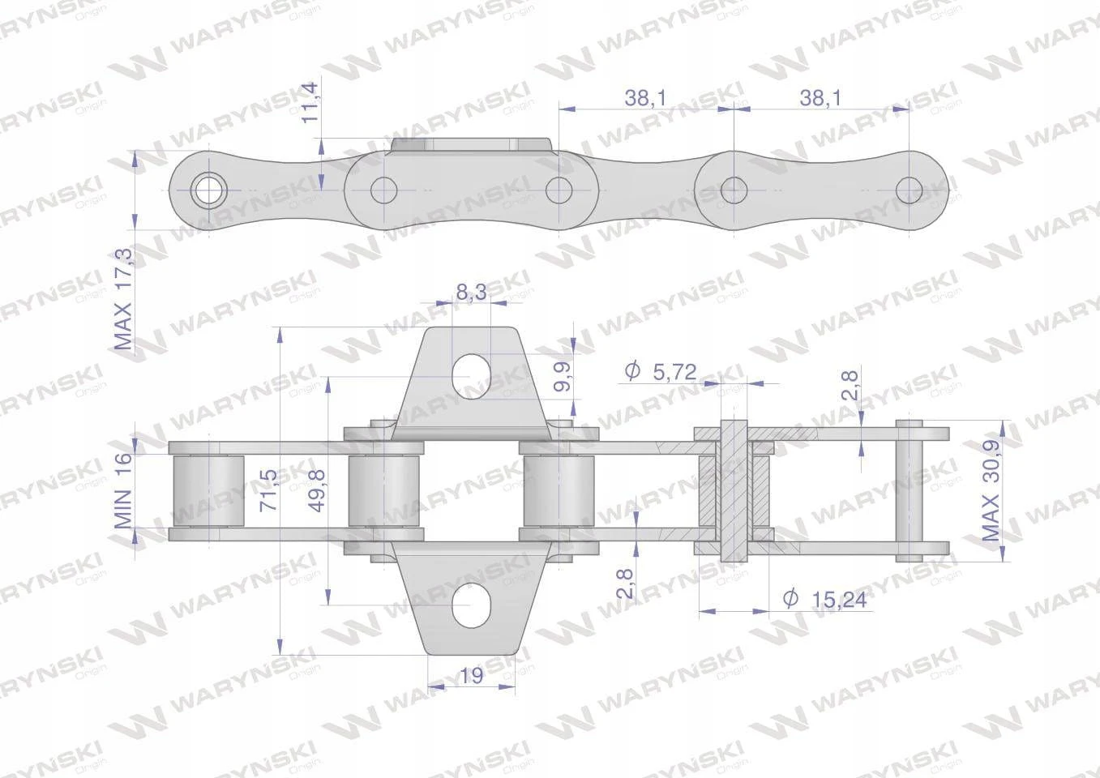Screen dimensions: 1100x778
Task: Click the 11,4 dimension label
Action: tap(310, 103)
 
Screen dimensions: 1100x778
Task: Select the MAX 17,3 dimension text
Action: tap(123, 299)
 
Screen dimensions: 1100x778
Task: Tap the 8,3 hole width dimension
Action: tap(471, 292)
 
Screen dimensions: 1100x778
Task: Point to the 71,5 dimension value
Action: tap(268, 489)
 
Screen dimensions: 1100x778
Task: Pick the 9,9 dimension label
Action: tap(563, 376)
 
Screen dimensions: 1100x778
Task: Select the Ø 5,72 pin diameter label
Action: tap(661, 371)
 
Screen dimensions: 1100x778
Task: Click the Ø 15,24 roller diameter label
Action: tap(825, 600)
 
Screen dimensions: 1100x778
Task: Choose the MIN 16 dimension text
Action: tap(123, 490)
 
